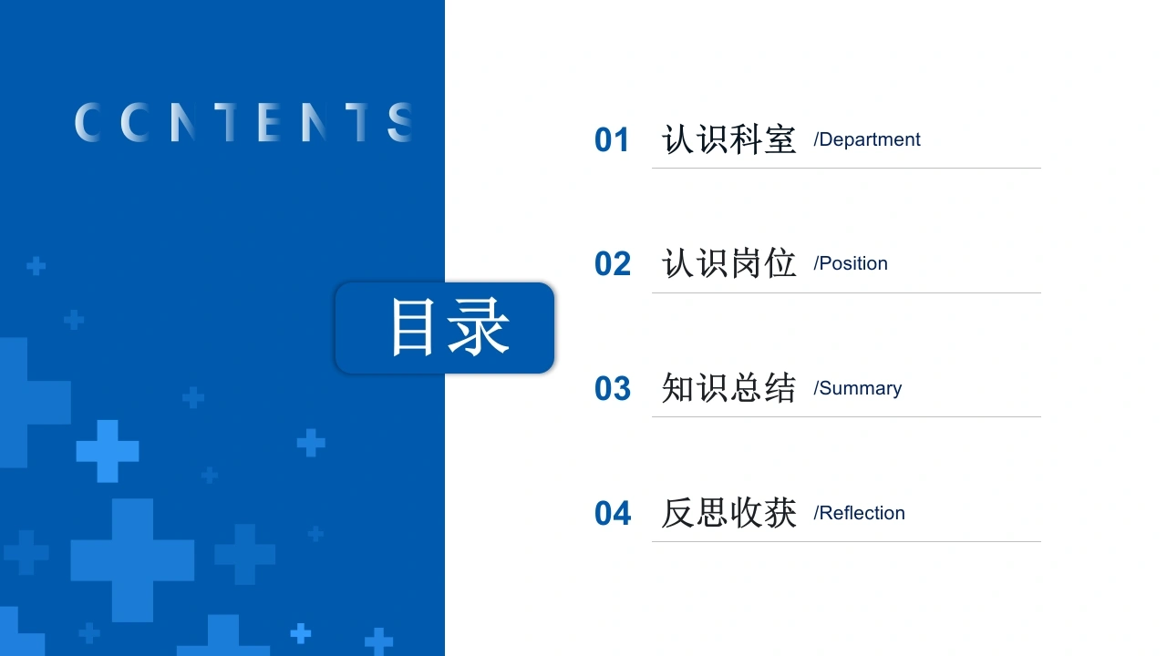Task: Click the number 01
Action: click(612, 140)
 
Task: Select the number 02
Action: click(613, 263)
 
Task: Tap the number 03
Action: click(613, 388)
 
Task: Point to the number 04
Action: click(613, 513)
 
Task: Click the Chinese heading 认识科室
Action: click(728, 139)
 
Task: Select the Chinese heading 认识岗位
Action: click(728, 263)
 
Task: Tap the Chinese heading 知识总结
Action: click(728, 388)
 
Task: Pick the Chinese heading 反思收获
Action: click(728, 513)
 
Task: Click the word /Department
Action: click(867, 140)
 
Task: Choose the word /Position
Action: click(851, 263)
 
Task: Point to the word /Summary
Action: click(858, 388)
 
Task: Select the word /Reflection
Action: click(859, 513)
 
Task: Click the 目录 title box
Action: click(445, 328)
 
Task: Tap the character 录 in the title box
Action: click(479, 327)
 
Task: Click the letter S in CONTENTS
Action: click(400, 122)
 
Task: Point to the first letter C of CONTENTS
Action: click(88, 122)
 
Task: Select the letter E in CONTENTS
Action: click(269, 122)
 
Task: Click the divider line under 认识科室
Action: click(846, 169)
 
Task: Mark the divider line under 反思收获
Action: click(846, 542)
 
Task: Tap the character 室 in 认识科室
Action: click(780, 139)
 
